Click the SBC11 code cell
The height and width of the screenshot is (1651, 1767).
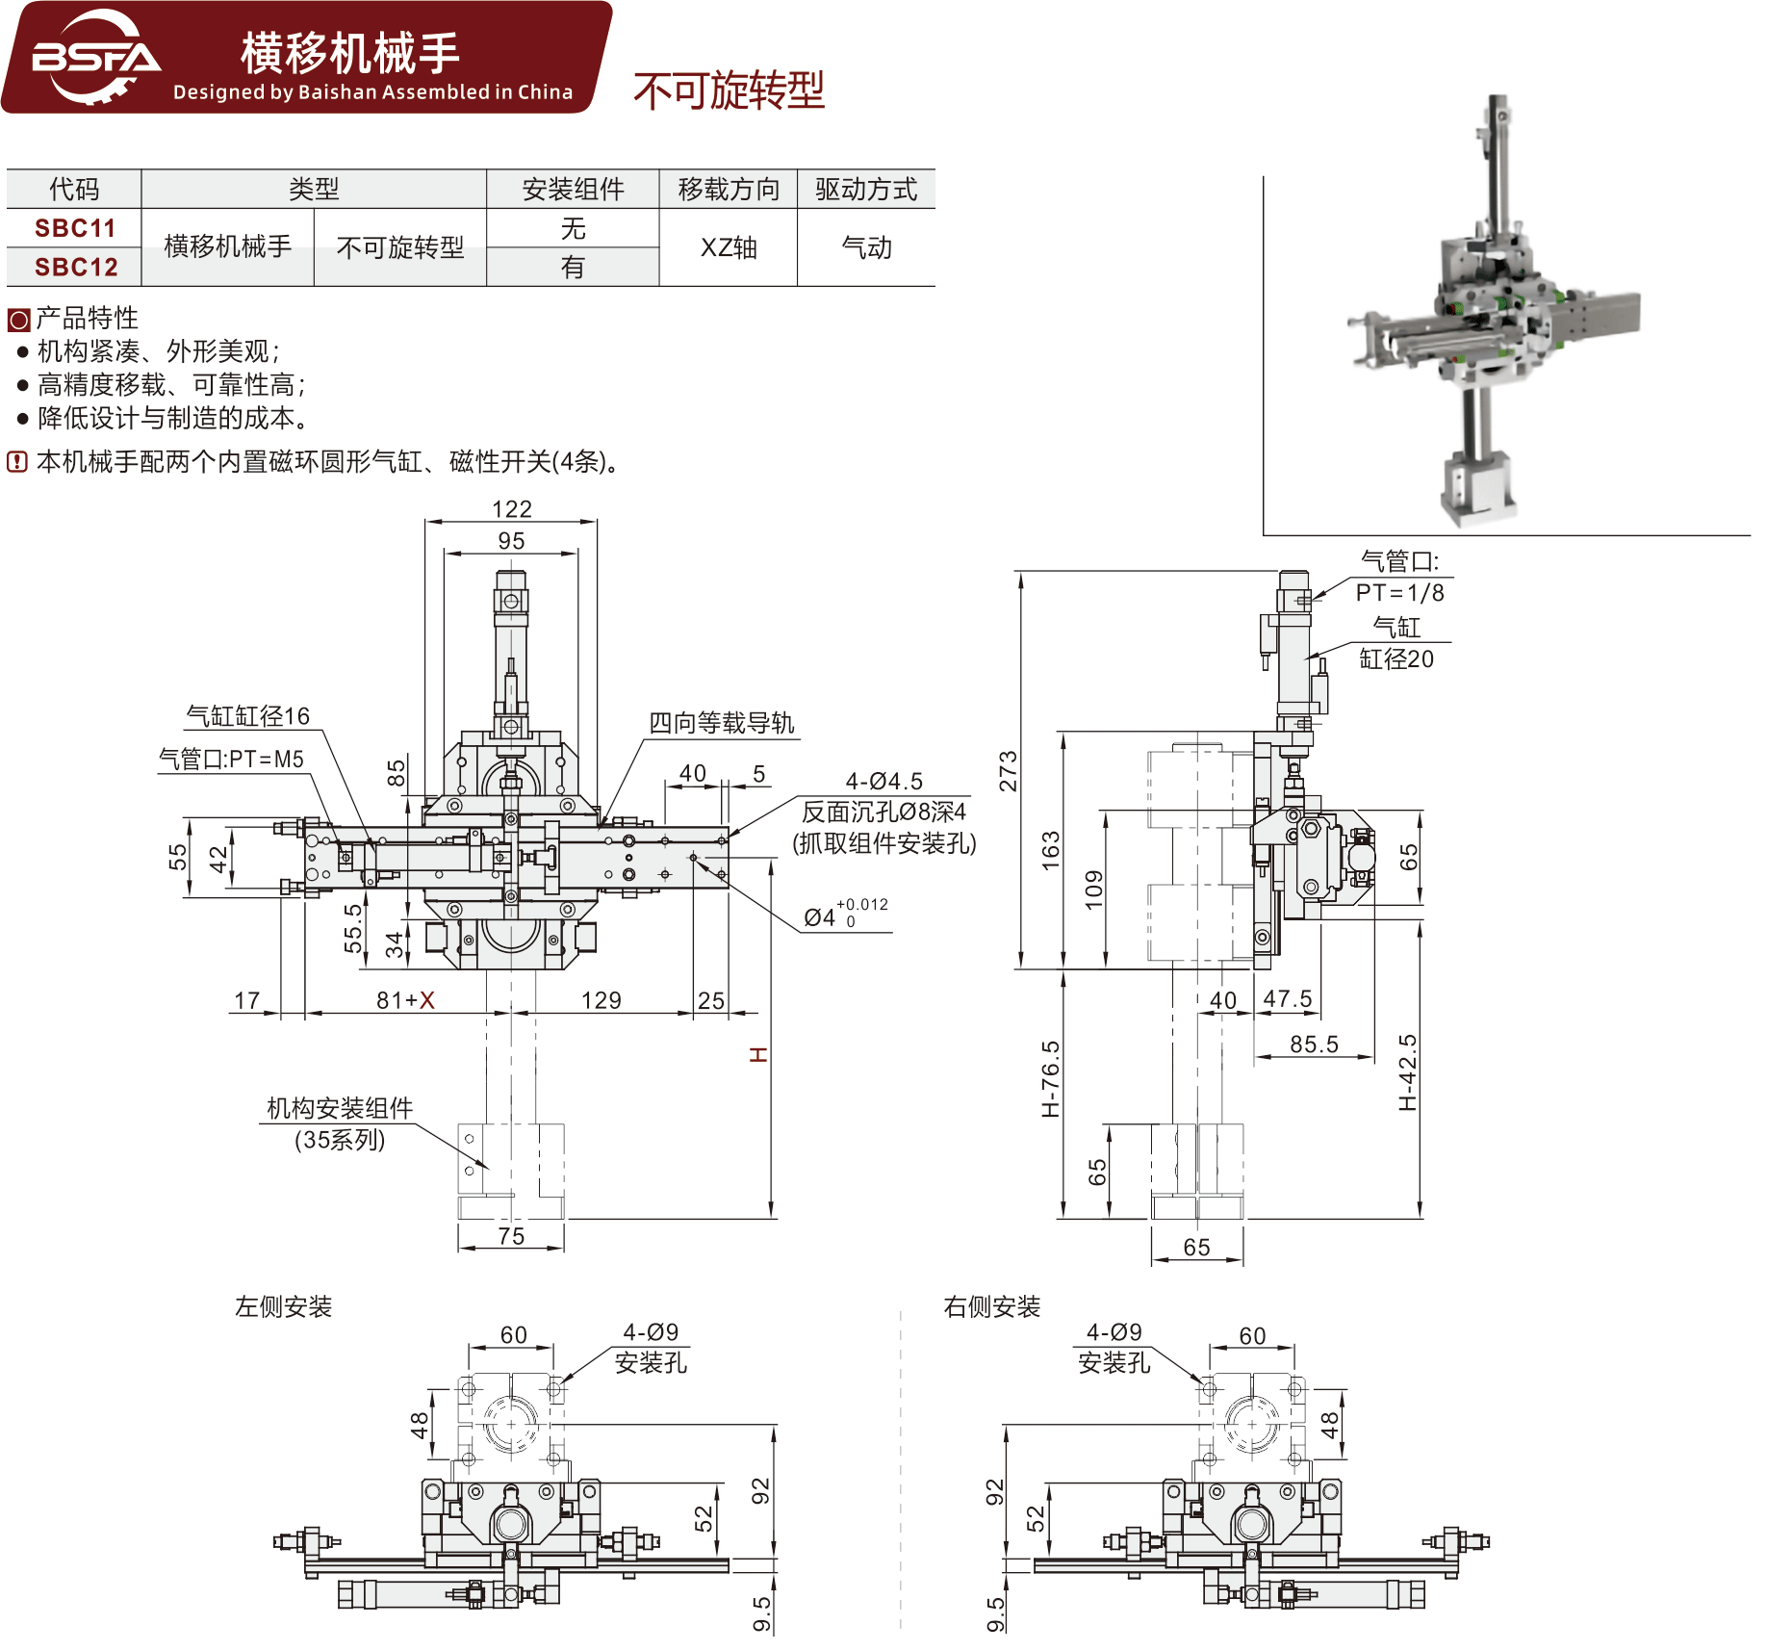75,228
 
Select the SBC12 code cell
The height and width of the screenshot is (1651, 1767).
75,267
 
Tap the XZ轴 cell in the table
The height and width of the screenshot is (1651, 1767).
729,247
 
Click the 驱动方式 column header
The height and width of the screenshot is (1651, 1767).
866,189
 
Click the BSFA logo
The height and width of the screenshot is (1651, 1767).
95,58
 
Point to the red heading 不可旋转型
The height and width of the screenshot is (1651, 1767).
729,90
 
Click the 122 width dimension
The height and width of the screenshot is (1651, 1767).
511,508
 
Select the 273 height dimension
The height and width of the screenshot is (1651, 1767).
1007,771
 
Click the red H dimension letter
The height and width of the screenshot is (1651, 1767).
759,1055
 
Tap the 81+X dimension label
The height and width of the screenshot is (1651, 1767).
405,1000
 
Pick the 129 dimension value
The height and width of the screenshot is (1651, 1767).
602,1000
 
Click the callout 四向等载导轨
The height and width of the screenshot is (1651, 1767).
721,723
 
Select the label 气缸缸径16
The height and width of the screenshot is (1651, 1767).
248,715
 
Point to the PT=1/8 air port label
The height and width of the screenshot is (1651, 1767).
1399,593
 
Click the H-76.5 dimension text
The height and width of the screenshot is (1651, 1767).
1050,1078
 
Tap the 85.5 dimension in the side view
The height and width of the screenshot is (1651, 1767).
1314,1044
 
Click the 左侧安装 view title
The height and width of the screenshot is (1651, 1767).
284,1306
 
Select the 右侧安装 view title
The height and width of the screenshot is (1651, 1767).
992,1306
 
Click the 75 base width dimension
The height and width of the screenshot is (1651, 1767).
511,1236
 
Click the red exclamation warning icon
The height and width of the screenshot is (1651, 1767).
17,462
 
